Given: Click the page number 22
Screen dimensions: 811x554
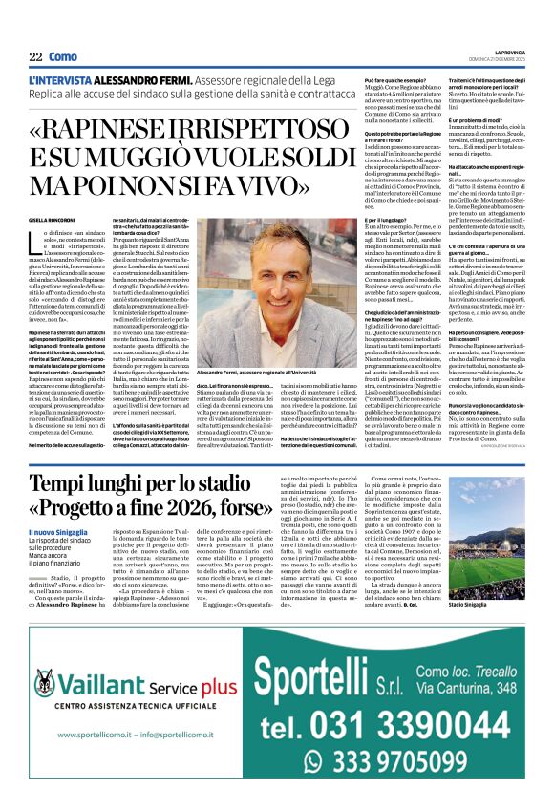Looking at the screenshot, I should coord(35,56).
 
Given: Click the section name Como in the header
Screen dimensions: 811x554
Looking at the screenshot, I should coord(63,56).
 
